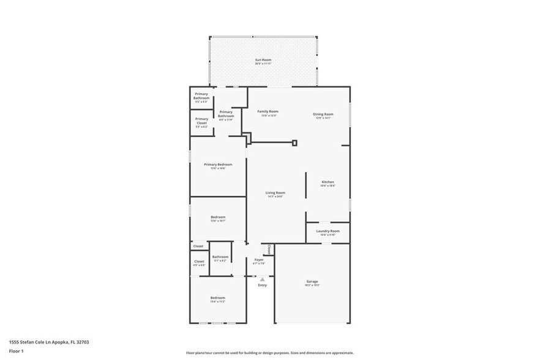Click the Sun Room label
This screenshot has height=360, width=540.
263,61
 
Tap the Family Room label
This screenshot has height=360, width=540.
268,113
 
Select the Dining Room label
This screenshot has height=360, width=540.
323,116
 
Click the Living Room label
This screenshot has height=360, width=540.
275,194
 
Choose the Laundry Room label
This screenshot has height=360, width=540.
328,232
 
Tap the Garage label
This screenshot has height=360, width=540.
312,283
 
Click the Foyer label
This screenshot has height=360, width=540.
259,261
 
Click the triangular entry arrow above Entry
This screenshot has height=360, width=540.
262,279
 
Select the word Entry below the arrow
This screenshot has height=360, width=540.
262,285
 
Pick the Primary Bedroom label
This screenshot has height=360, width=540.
218,166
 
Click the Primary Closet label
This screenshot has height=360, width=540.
201,122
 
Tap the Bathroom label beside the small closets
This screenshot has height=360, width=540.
220,258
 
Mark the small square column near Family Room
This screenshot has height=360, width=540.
294,143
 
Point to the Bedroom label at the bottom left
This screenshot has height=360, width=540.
218,299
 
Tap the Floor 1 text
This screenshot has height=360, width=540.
16,351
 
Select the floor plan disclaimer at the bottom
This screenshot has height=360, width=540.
269,353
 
